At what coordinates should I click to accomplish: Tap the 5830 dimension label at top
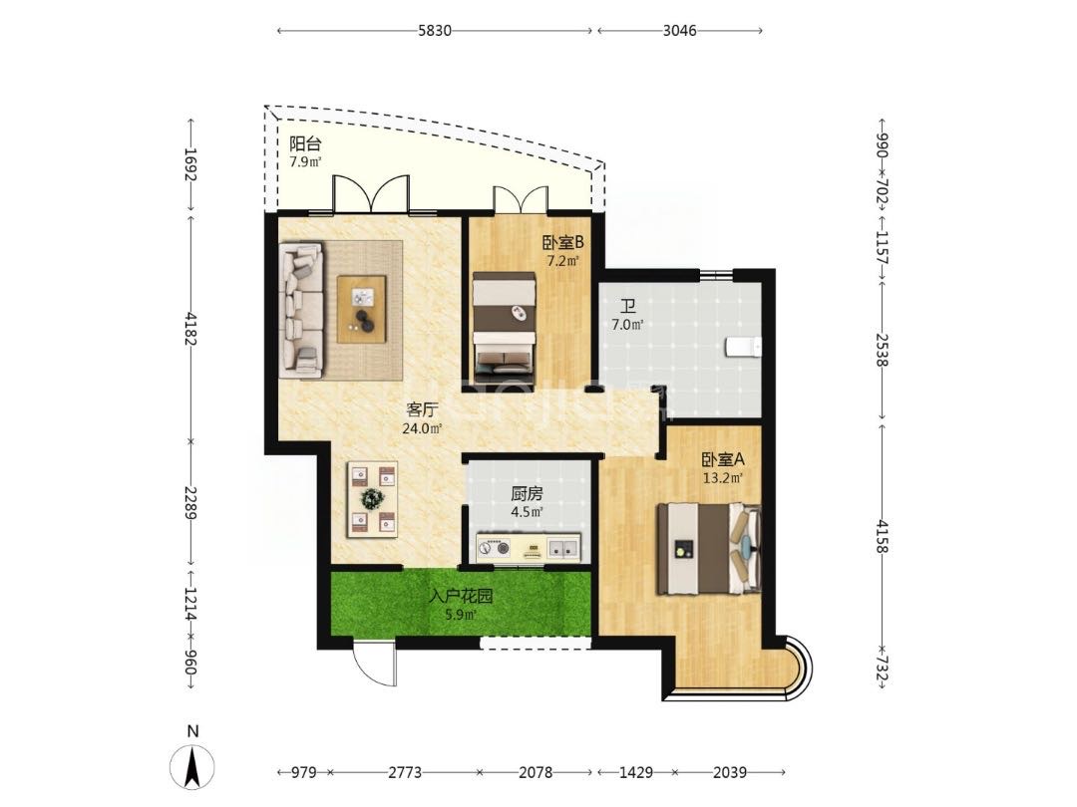point(435,30)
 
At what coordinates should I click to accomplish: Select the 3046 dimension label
point(679,30)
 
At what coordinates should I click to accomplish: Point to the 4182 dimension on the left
point(190,330)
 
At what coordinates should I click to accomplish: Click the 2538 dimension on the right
point(882,350)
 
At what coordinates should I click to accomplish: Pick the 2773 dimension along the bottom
point(405,773)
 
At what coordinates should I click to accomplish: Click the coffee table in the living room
point(361,308)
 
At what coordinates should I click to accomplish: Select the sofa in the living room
point(301,309)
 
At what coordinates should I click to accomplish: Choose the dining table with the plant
point(373,498)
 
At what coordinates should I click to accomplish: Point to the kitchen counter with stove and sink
point(529,548)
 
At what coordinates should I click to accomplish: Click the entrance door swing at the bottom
point(374,662)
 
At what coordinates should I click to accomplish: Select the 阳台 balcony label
point(305,144)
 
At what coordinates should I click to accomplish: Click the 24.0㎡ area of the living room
point(421,428)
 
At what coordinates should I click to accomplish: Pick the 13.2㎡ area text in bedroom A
point(723,477)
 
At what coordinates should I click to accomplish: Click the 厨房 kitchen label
point(527,493)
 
